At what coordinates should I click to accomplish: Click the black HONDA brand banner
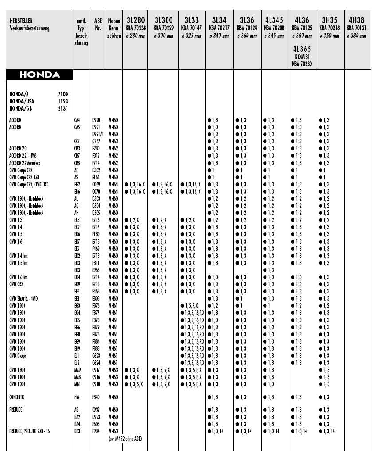[x=39, y=75]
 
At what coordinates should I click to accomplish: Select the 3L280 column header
[x=136, y=20]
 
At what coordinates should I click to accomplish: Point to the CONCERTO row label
[x=16, y=397]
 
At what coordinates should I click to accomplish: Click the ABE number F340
[x=96, y=397]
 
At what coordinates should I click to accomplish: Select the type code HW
[x=77, y=397]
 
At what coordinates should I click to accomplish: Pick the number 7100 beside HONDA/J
[x=63, y=95]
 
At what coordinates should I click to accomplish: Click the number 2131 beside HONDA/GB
[x=63, y=108]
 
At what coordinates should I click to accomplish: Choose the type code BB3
[x=77, y=431]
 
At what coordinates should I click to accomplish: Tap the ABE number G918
[x=96, y=384]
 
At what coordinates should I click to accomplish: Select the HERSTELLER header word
[x=20, y=20]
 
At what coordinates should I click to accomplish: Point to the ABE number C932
[x=96, y=410]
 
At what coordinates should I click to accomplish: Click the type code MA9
[x=77, y=370]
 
